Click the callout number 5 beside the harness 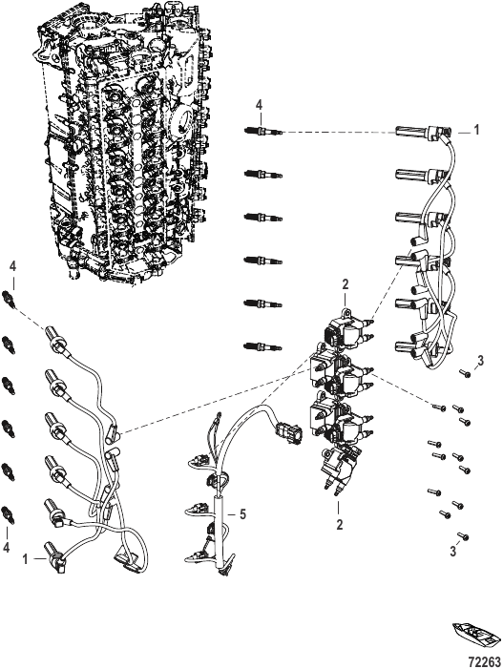(x=242, y=514)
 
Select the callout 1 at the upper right (x=477, y=130)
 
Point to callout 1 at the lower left (x=25, y=559)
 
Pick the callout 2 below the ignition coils (x=340, y=524)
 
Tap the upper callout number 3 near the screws (x=481, y=361)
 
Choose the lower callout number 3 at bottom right (x=452, y=552)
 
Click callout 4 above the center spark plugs (x=260, y=105)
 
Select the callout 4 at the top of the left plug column (x=13, y=266)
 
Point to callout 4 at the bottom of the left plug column (x=6, y=548)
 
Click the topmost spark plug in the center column (x=263, y=131)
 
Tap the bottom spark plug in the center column (x=263, y=346)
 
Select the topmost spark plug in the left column (x=10, y=298)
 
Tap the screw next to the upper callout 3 (x=465, y=374)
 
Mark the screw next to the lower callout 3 (x=463, y=535)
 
